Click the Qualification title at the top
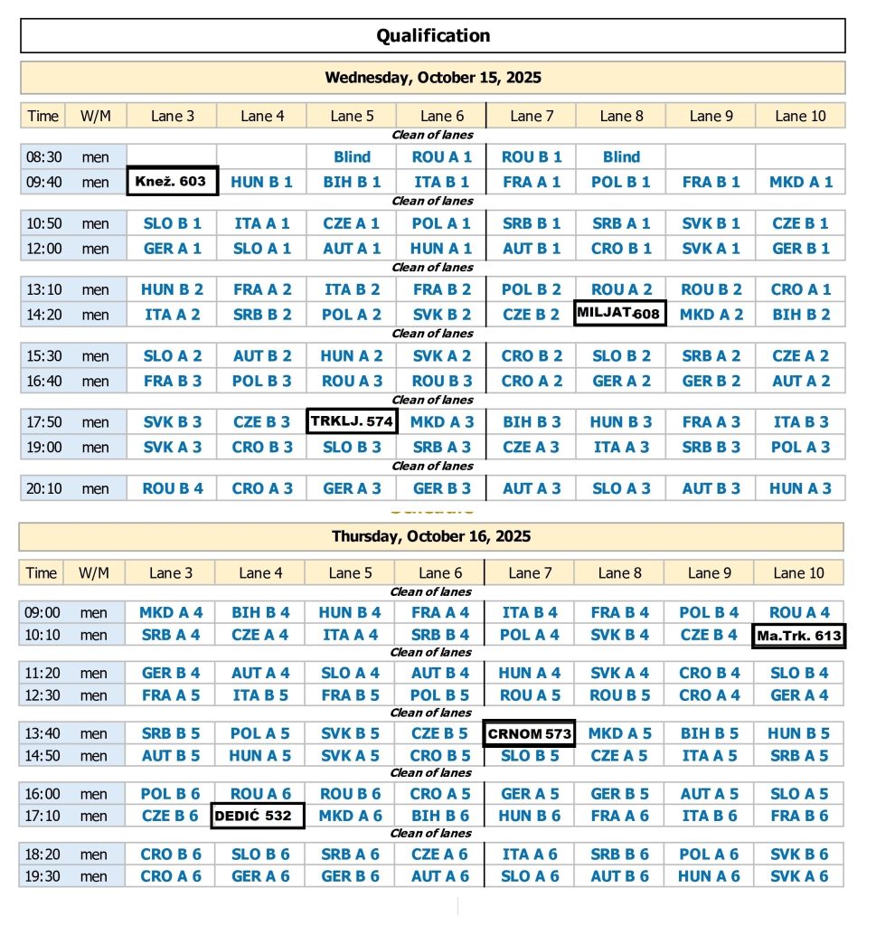coord(433,36)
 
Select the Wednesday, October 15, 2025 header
coord(433,78)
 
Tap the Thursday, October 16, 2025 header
coord(431,536)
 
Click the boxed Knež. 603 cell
coord(172,182)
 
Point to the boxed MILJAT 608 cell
coord(620,314)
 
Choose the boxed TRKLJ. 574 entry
coord(352,420)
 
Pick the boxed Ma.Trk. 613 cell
coord(799,636)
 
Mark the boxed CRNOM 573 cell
coord(529,733)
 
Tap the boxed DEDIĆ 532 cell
coord(257,817)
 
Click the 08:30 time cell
coord(42,157)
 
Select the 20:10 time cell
coord(42,489)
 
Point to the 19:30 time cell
coord(42,876)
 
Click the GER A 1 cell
coord(172,249)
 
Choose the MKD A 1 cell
coord(801,182)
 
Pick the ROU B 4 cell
coord(172,489)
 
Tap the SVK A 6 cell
coord(799,876)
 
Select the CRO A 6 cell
coord(170,876)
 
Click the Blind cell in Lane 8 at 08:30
coord(621,157)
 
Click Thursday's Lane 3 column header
coord(170,572)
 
